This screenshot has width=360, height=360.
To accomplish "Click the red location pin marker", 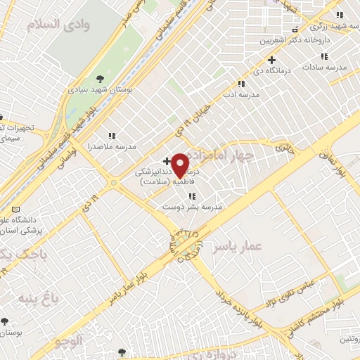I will point(180,166).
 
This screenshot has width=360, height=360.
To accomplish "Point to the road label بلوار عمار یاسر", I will point(138,281).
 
